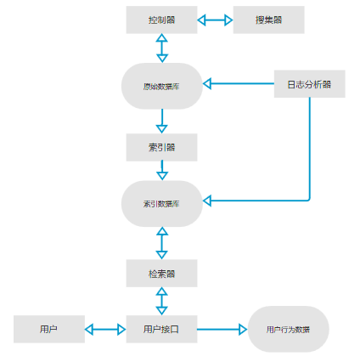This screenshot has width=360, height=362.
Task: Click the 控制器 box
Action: (161, 20)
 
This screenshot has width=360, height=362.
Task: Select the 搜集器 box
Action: (268, 20)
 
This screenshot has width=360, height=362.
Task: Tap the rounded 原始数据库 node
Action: (161, 86)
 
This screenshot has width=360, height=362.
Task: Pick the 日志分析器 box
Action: (309, 83)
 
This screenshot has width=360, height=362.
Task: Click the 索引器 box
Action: (161, 147)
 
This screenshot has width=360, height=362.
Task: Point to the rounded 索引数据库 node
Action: (161, 203)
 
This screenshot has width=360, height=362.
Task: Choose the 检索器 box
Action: (161, 273)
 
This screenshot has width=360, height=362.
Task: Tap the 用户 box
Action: (48, 329)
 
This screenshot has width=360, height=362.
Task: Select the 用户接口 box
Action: (161, 329)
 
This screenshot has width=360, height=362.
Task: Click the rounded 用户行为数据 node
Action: (288, 329)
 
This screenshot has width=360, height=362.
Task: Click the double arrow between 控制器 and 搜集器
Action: (215, 20)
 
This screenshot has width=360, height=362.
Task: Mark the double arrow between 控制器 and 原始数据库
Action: (161, 48)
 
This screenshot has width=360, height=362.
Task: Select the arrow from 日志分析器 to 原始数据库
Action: (238, 83)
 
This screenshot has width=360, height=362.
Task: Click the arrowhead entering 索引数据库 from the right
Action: (209, 201)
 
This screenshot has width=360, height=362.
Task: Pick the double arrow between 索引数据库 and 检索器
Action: (161, 243)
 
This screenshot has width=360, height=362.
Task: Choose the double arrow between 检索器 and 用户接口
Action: (161, 301)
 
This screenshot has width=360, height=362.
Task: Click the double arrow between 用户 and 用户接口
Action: (105, 329)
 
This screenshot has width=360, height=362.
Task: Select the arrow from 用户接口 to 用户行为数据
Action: (222, 329)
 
